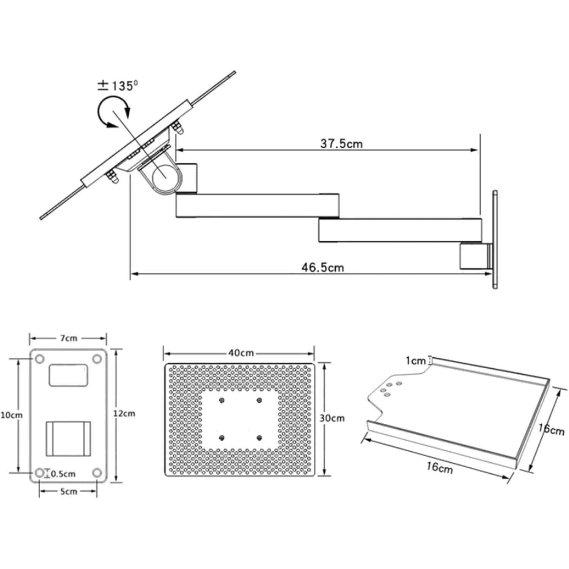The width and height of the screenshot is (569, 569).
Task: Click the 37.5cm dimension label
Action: click(341, 144)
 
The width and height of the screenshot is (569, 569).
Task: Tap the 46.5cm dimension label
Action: click(323, 267)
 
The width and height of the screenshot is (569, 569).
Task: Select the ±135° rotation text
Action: click(118, 86)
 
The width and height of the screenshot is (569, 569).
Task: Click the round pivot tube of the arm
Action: click(166, 176)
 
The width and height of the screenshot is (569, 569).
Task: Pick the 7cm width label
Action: click(68, 338)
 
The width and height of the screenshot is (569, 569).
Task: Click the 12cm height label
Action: click(124, 413)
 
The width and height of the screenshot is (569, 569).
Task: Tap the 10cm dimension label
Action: click(11, 415)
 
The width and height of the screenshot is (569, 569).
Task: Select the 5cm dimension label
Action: click(69, 492)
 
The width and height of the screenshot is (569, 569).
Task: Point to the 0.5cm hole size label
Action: click(63, 474)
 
